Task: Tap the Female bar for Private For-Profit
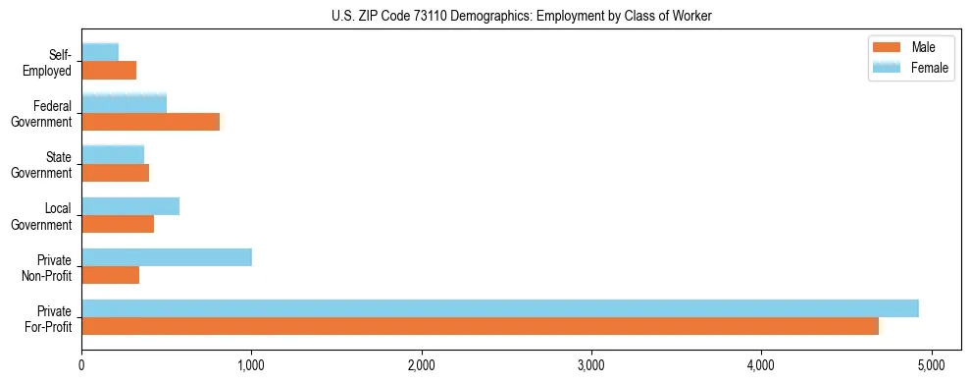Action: coord(500,308)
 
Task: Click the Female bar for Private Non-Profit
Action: coord(167,257)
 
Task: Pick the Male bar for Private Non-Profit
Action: coord(111,275)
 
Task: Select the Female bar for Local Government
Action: coord(130,206)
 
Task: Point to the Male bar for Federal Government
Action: coord(151,122)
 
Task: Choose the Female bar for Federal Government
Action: coord(125,104)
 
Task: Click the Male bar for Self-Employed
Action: coord(109,71)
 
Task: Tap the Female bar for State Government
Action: coord(113,155)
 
